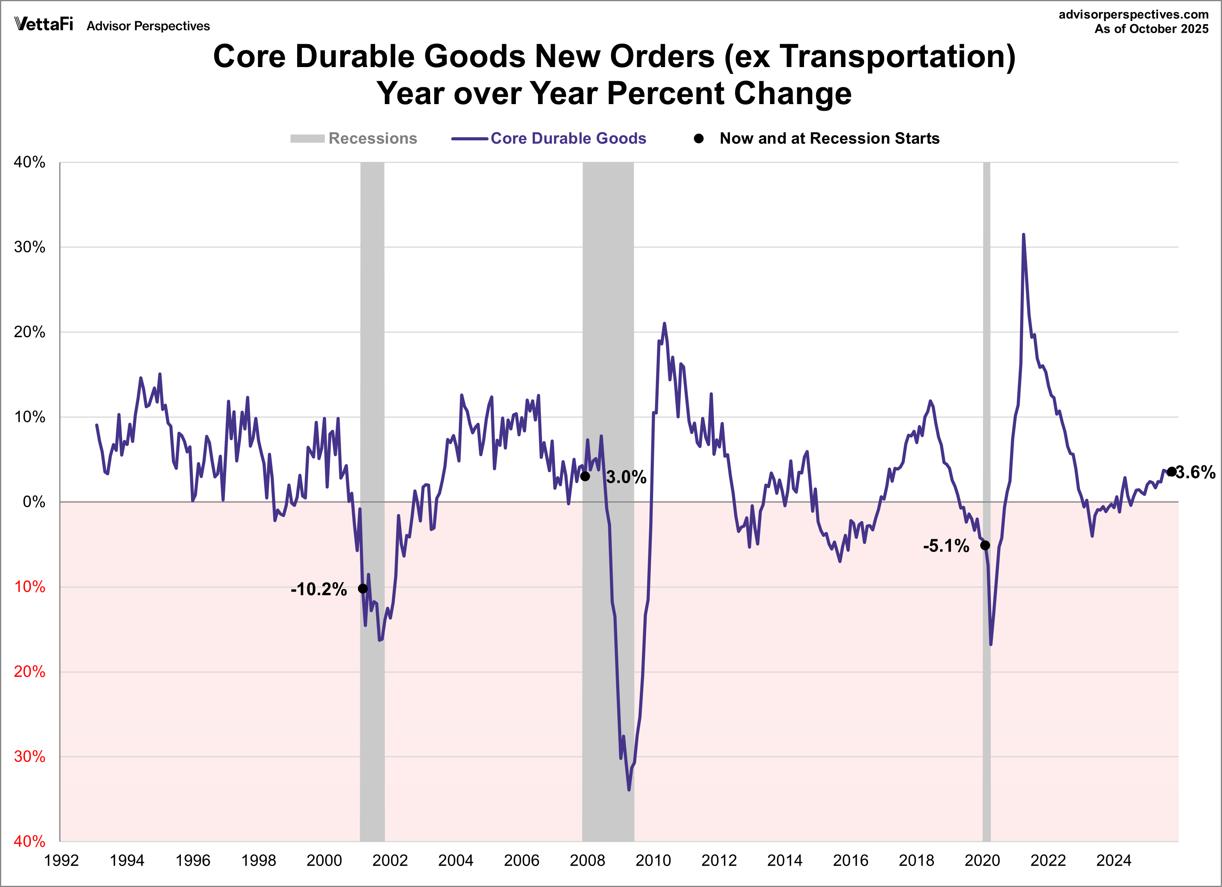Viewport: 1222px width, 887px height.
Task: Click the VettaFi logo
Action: pos(44,24)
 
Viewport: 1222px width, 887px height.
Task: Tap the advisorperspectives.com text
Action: pos(1133,14)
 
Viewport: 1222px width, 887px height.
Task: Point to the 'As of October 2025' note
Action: pos(1151,29)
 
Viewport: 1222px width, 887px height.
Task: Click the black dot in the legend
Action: pos(699,138)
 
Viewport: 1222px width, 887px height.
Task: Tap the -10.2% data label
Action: pos(319,589)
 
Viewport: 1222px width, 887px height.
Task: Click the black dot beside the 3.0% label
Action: pos(585,476)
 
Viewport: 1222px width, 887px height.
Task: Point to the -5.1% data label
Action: pos(946,546)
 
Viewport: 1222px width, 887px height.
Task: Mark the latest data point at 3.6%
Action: pos(1171,472)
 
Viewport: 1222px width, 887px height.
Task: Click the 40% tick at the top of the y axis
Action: pos(30,162)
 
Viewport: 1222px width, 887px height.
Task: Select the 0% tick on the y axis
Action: pos(34,502)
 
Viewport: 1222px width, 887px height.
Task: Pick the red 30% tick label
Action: pos(30,757)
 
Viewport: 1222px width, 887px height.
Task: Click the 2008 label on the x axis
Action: pos(587,860)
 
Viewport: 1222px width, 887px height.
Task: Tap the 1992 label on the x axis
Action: pos(62,860)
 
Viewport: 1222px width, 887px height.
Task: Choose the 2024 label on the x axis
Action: pos(1114,860)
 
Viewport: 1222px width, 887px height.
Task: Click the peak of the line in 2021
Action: pos(1023,235)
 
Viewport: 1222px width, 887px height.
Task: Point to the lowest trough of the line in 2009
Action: pos(629,790)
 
